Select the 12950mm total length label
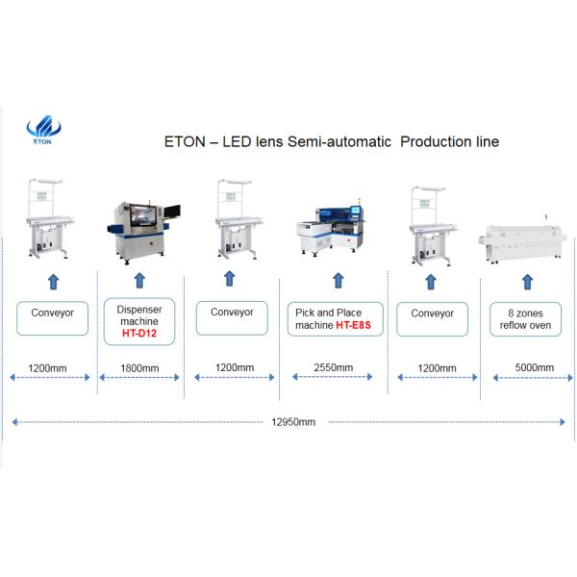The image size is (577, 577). [x=292, y=421]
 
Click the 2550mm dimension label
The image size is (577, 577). [x=333, y=368]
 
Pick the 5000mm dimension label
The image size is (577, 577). [x=534, y=368]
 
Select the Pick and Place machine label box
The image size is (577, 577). [x=335, y=319]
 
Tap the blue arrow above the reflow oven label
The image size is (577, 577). [x=526, y=282]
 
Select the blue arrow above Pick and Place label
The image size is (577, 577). [x=337, y=281]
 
